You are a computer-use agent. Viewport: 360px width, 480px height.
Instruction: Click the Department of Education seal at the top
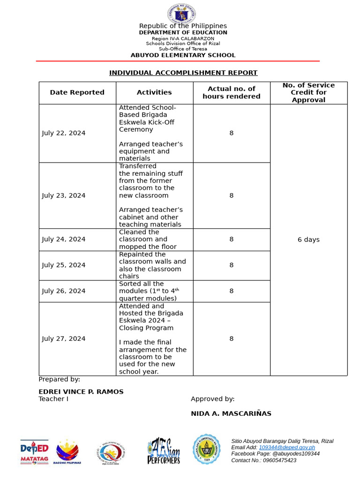(181, 14)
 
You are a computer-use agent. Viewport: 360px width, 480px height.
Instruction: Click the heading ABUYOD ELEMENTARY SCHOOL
(183, 55)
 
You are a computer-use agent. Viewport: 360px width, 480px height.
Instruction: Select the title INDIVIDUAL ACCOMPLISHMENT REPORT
(183, 73)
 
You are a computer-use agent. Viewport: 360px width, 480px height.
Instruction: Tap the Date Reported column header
(77, 92)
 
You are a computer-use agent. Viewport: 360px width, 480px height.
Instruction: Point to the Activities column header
(154, 92)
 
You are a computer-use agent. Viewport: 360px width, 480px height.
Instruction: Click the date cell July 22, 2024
(64, 133)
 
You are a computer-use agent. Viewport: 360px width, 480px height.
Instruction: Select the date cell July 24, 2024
(64, 239)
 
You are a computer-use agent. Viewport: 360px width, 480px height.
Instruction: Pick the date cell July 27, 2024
(64, 338)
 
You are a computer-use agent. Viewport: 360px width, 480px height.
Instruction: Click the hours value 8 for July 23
(232, 195)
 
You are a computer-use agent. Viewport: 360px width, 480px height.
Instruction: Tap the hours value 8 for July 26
(232, 291)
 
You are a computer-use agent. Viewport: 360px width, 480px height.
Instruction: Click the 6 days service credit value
(308, 240)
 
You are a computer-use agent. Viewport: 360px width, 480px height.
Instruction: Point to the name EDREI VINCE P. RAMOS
(81, 392)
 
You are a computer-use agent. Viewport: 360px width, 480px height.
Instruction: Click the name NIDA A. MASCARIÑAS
(231, 413)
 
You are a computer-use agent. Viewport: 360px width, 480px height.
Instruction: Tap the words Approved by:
(213, 399)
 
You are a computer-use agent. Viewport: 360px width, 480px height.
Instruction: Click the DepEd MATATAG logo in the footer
(34, 452)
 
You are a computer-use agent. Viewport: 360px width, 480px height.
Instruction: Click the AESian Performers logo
(163, 451)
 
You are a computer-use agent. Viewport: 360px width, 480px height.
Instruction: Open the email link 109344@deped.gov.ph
(287, 448)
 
